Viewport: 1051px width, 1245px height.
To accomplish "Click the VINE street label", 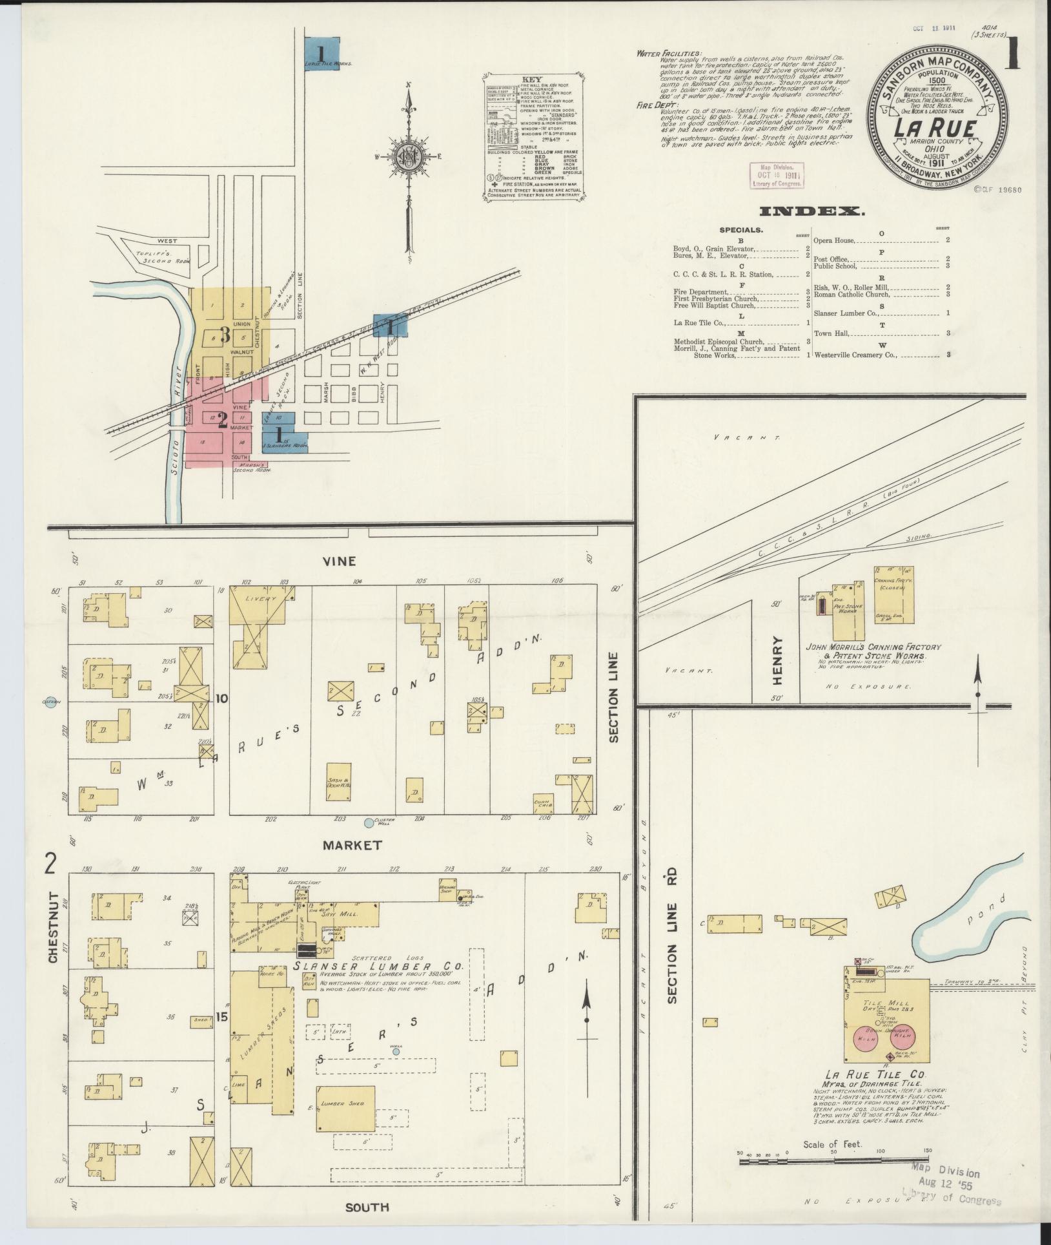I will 340,561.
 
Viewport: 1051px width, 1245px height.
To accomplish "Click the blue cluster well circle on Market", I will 369,823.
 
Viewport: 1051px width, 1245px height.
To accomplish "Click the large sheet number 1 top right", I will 1012,54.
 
